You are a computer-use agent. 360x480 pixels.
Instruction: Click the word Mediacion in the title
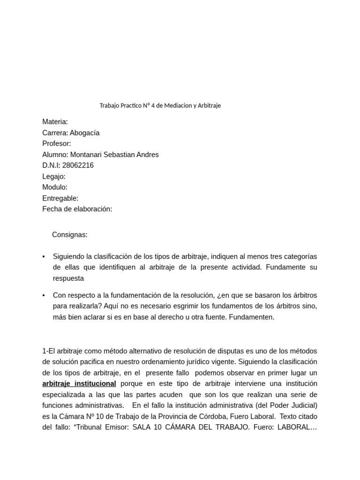[x=177, y=105]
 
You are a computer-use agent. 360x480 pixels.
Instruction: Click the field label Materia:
[x=55, y=122]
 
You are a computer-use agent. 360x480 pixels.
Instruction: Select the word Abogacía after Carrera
[x=84, y=133]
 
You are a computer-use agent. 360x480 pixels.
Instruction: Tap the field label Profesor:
[x=57, y=143]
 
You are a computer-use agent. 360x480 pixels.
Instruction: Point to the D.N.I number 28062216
[x=78, y=165]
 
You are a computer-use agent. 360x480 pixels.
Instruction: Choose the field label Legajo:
[x=54, y=176]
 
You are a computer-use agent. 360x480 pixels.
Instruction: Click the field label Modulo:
[x=55, y=187]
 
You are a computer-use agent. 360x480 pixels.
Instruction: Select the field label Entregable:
[x=60, y=198]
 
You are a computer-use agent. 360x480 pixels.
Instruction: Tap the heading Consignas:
[x=70, y=235]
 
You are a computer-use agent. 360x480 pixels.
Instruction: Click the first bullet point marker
[x=44, y=257]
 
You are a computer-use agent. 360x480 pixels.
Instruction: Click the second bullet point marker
[x=44, y=296]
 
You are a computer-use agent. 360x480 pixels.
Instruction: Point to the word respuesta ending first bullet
[x=68, y=278]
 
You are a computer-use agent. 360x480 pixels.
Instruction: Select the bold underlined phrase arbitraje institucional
[x=79, y=383]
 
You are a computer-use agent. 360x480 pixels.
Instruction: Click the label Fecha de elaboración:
[x=77, y=209]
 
